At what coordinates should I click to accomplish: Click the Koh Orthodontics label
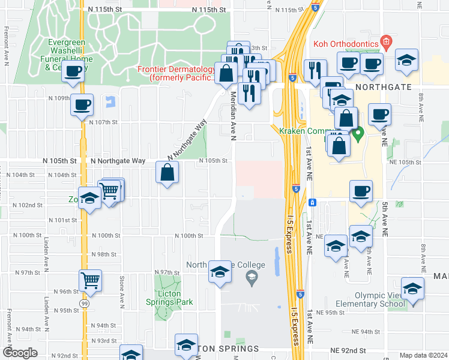coord(345,44)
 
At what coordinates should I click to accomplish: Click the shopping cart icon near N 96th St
coord(90,280)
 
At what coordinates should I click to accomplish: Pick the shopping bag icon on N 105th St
coord(167,173)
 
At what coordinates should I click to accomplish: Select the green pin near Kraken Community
coord(359,134)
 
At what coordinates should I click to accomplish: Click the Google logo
coord(20,353)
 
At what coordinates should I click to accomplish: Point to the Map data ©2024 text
coord(423,355)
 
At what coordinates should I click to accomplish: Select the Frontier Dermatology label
coord(176,73)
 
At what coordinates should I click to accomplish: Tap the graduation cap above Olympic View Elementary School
coord(412,289)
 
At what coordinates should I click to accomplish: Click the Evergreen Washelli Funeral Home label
coord(67,55)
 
